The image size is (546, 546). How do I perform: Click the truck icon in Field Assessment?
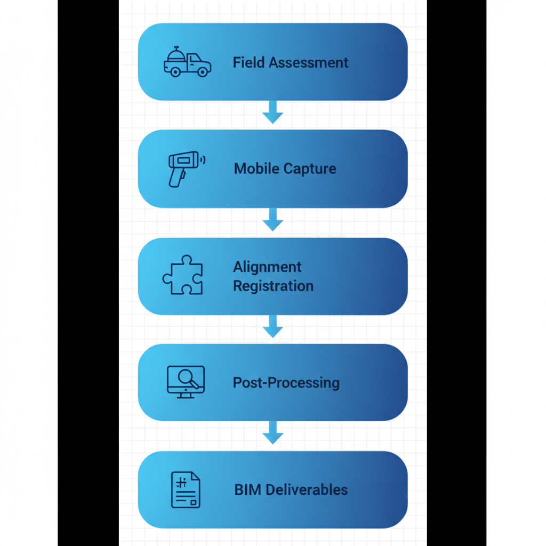click(x=187, y=62)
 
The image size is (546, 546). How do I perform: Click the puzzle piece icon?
click(x=183, y=275)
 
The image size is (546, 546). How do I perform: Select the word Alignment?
click(x=267, y=267)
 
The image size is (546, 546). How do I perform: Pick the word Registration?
click(x=273, y=286)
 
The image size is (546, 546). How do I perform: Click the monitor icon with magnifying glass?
click(x=185, y=382)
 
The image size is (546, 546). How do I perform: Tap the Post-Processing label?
click(x=286, y=383)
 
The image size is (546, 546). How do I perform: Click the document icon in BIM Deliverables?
click(x=185, y=489)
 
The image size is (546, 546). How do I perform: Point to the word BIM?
click(x=247, y=489)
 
